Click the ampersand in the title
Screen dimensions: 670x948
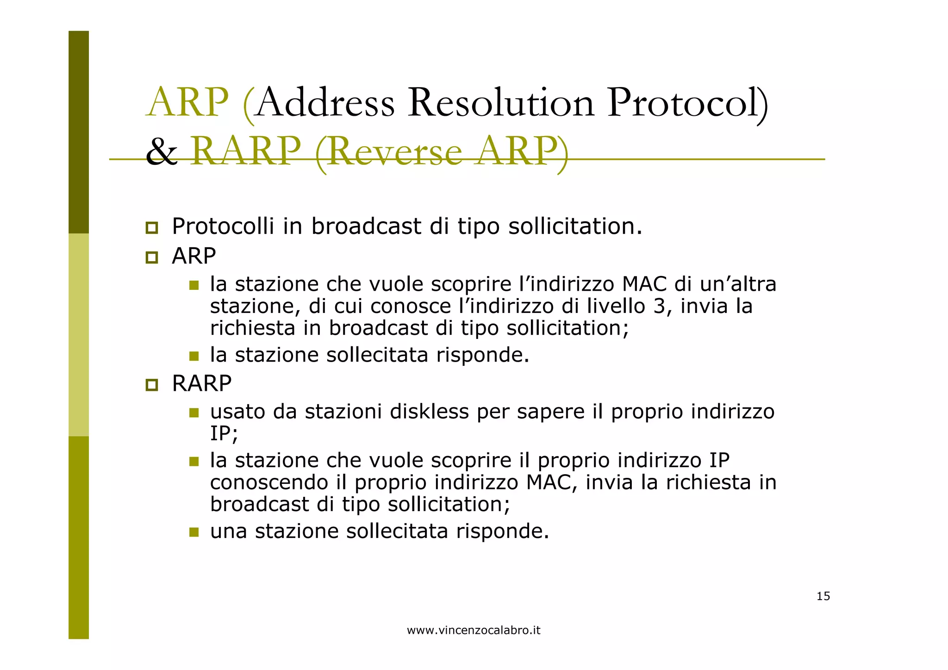pos(161,152)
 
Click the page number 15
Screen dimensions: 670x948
pos(823,596)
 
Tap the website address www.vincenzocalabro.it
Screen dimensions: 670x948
pos(474,630)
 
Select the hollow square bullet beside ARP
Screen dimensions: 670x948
pos(151,257)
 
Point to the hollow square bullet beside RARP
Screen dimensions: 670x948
pos(151,385)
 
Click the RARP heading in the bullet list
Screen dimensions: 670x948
pos(201,383)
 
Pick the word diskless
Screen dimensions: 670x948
pos(429,412)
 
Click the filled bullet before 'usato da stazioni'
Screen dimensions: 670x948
pos(194,413)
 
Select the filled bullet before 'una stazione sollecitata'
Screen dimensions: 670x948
pos(194,532)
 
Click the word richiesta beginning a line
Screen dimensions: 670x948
pos(252,328)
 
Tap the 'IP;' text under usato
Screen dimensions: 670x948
pos(224,434)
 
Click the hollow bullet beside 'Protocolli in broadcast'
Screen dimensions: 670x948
pos(151,228)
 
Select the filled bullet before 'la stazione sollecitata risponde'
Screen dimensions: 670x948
pos(194,356)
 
